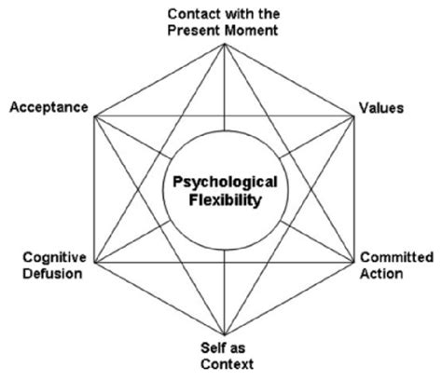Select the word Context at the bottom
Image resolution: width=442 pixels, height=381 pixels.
tap(222, 363)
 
